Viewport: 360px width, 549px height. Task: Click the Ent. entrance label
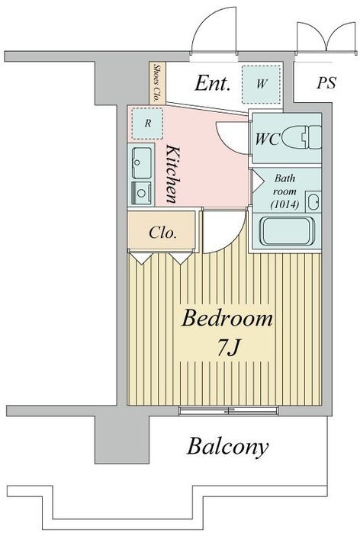tap(213, 83)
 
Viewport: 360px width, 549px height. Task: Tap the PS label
tap(326, 83)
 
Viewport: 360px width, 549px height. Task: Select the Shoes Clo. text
tap(157, 82)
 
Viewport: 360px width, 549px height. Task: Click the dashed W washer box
tap(261, 84)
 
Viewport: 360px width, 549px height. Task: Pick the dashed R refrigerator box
tap(147, 124)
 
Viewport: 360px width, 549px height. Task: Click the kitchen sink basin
tap(142, 163)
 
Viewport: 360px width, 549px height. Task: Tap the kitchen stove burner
tap(141, 193)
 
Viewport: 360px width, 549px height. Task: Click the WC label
tap(268, 140)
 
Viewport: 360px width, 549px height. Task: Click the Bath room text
tap(284, 185)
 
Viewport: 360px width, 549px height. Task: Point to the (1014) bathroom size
tap(284, 204)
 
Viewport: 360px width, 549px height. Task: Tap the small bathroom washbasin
tap(313, 202)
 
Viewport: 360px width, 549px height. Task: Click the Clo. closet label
tap(162, 233)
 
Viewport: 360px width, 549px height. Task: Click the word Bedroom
tap(227, 319)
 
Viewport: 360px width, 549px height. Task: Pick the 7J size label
tap(227, 348)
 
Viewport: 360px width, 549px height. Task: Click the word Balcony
tap(228, 446)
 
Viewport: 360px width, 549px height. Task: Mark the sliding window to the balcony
tap(228, 410)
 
